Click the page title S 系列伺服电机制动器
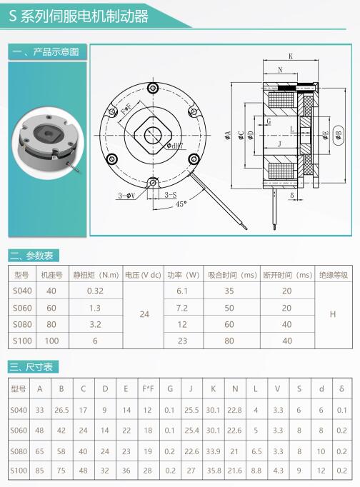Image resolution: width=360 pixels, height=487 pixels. coord(79,16)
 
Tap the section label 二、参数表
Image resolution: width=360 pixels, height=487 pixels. coord(31,256)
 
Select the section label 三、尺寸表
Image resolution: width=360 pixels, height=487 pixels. coord(31,367)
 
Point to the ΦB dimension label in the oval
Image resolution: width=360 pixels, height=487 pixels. coord(339,135)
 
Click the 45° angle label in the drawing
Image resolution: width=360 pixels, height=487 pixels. coord(181,204)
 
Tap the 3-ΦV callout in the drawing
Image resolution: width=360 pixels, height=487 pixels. coord(126,196)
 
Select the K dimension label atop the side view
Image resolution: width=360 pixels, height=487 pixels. coord(291,56)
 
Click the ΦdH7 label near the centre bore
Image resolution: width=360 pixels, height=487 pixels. coord(175,146)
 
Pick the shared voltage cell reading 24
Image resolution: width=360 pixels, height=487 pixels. coord(144,314)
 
